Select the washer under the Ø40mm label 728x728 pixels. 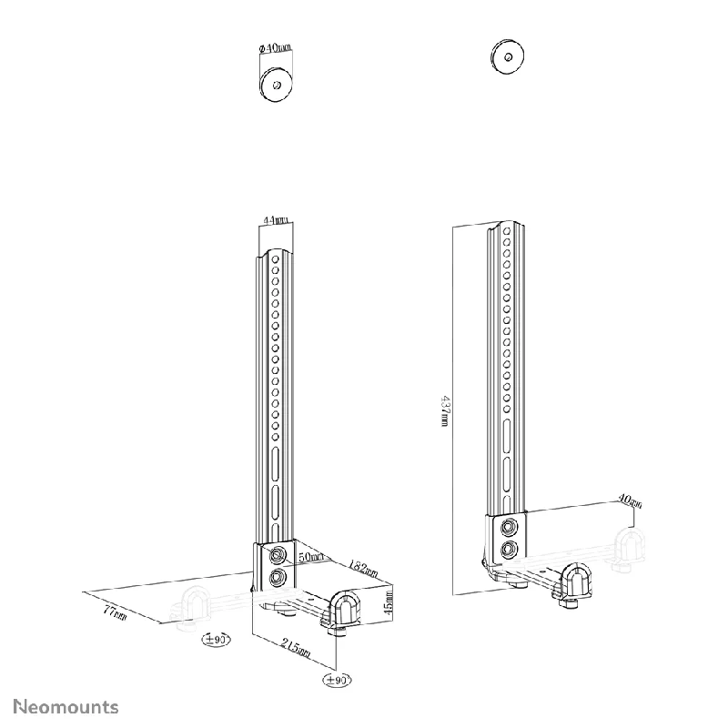click(x=275, y=84)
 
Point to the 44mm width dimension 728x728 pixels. click(x=275, y=220)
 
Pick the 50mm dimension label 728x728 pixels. click(x=312, y=556)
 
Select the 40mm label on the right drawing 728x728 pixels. click(x=628, y=502)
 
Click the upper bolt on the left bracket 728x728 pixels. click(x=277, y=554)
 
